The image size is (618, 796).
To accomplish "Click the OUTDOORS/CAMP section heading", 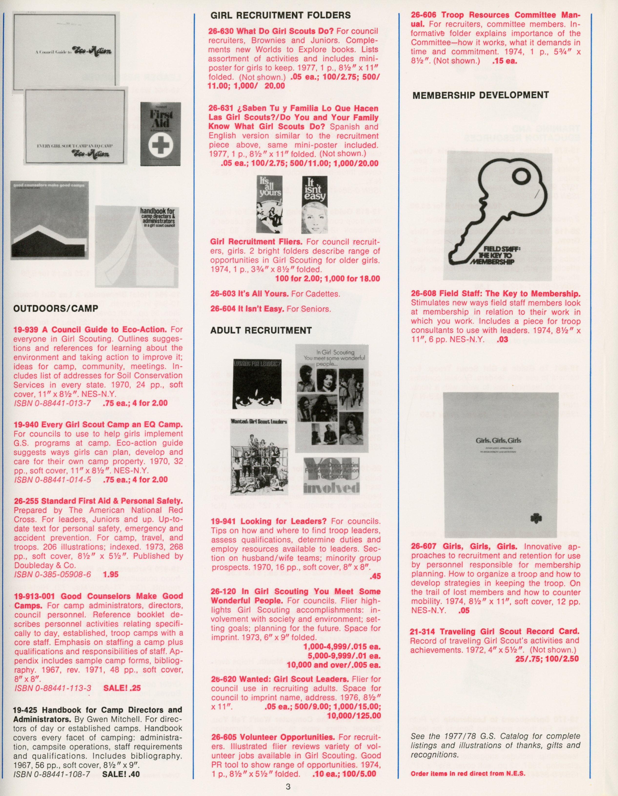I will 56,309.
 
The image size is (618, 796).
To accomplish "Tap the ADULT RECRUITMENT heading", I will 261,330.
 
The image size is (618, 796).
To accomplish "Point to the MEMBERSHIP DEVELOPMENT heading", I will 480,95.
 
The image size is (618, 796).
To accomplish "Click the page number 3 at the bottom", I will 288,786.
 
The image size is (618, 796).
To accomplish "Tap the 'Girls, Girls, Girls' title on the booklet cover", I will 498,441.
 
